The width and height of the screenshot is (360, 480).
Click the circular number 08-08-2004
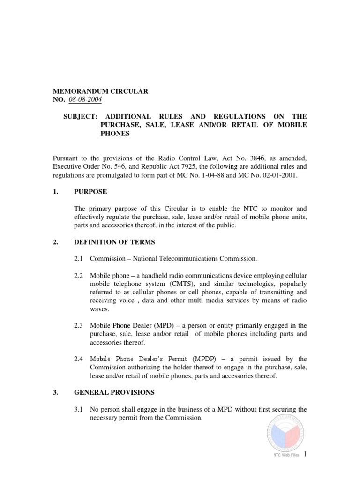85,99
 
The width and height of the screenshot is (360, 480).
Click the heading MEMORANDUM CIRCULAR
101,91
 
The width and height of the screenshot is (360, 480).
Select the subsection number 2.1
79,258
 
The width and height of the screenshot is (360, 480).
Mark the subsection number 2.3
79,325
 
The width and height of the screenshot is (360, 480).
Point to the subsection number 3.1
79,409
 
